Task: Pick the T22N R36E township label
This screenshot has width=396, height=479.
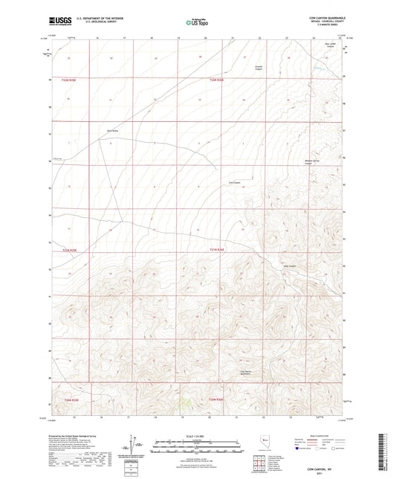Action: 216,80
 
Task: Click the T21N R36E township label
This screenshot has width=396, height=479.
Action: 216,250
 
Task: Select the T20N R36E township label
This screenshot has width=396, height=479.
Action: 216,402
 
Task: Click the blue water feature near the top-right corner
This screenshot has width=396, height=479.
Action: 319,70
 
